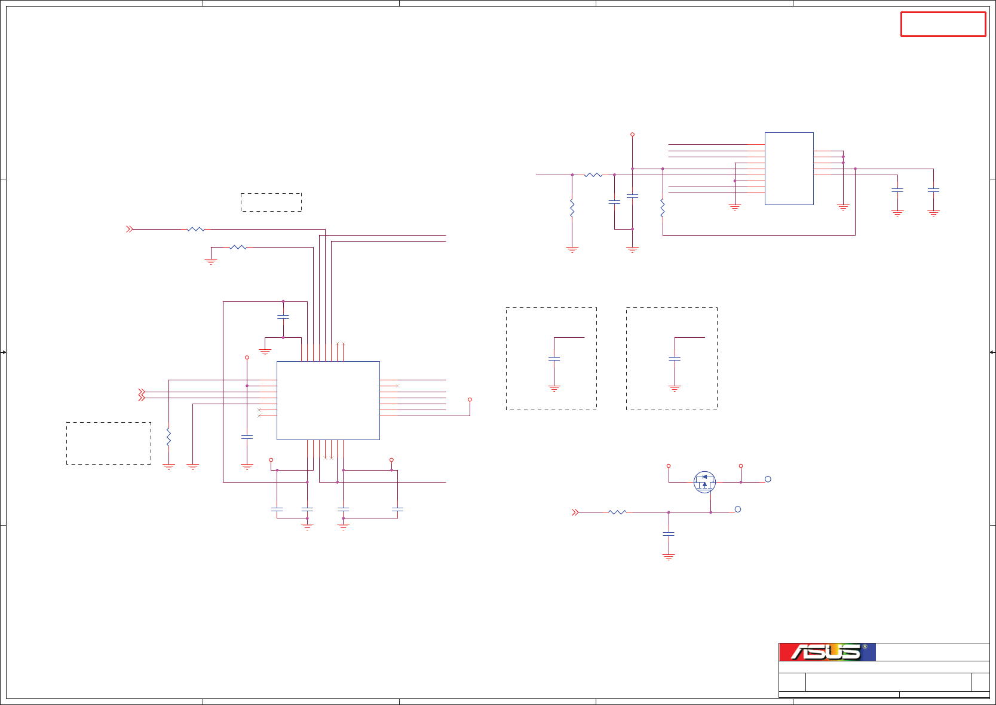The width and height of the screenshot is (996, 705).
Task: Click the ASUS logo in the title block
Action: [x=827, y=652]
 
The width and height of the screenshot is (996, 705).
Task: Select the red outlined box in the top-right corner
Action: [x=943, y=25]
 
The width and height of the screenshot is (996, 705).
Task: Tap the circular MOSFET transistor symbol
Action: [x=704, y=482]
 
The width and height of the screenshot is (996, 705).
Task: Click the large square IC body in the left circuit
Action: [x=328, y=401]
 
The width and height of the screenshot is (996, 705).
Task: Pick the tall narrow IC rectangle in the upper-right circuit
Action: [x=789, y=169]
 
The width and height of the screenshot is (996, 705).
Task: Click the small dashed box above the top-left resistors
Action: [x=271, y=202]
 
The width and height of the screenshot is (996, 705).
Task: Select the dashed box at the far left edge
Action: [x=108, y=443]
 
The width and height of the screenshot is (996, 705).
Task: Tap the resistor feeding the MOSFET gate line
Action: [x=617, y=512]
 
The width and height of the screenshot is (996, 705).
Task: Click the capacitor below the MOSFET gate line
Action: [x=669, y=533]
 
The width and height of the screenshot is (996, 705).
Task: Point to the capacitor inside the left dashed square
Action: [x=554, y=359]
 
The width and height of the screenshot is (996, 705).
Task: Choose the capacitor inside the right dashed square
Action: [x=675, y=359]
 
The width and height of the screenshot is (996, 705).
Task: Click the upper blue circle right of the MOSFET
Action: [x=768, y=479]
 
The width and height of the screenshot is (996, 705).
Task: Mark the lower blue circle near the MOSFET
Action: [x=738, y=509]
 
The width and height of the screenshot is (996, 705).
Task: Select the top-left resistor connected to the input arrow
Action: [x=196, y=229]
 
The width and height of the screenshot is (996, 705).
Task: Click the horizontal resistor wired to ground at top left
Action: [x=238, y=247]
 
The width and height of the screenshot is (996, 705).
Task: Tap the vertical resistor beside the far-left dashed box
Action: [x=168, y=437]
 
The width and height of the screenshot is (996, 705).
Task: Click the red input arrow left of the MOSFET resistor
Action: [x=575, y=512]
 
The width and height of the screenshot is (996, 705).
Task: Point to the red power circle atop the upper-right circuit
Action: [x=632, y=135]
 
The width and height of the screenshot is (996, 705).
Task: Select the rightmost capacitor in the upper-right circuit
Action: [x=933, y=190]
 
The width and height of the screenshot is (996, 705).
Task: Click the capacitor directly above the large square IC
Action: [x=283, y=317]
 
